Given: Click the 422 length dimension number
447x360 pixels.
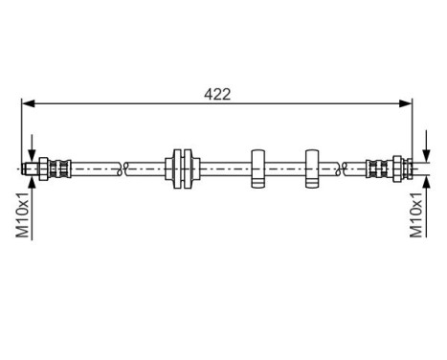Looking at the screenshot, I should [x=217, y=94].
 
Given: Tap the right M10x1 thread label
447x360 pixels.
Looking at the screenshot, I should [x=417, y=214].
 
